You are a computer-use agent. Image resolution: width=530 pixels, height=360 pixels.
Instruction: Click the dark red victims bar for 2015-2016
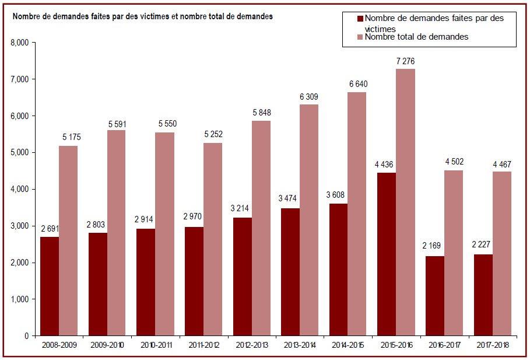(387, 254)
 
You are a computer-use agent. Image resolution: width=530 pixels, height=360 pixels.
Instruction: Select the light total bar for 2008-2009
(68, 241)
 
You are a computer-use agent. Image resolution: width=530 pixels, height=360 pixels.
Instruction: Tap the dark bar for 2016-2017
(435, 296)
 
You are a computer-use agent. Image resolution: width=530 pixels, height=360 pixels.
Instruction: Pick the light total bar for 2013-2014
(309, 220)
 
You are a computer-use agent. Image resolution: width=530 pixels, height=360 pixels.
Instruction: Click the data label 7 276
(405, 61)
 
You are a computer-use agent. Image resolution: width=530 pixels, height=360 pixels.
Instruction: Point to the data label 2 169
(431, 245)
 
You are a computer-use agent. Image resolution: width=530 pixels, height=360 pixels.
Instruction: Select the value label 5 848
(262, 113)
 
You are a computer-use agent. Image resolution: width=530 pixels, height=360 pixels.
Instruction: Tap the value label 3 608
(335, 194)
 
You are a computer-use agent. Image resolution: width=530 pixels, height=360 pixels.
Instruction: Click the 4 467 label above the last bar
(502, 165)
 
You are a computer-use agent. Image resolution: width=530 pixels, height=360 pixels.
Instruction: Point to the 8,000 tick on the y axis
(20, 43)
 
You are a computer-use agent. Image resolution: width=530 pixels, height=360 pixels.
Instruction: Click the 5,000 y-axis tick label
(20, 153)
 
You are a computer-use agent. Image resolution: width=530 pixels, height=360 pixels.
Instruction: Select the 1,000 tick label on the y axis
(20, 299)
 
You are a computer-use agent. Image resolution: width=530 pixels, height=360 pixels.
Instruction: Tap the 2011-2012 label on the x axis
(204, 345)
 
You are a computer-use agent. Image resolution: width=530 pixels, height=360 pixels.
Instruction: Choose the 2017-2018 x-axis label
(493, 345)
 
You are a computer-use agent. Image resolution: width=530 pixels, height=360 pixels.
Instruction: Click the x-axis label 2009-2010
(107, 345)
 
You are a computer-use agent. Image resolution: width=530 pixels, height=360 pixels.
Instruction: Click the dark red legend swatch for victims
(360, 18)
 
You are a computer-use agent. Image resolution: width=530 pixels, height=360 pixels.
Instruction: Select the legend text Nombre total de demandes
(416, 37)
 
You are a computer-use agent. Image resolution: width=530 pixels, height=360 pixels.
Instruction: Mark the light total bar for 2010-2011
(165, 234)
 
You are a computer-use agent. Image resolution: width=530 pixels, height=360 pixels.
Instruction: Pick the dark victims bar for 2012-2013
(243, 277)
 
